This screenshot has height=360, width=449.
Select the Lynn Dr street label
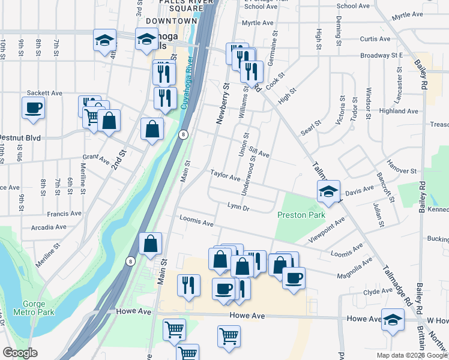click(x=238, y=207)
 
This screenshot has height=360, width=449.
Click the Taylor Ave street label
click(x=225, y=175)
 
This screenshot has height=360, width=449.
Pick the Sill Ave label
click(x=259, y=154)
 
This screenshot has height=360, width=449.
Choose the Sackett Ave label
click(x=45, y=93)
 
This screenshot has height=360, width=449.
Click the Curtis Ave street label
click(x=375, y=39)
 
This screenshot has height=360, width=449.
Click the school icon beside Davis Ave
click(x=328, y=191)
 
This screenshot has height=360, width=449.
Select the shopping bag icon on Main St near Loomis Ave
click(x=150, y=244)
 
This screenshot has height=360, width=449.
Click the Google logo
click(x=20, y=353)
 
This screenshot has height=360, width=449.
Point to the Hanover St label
click(x=402, y=171)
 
